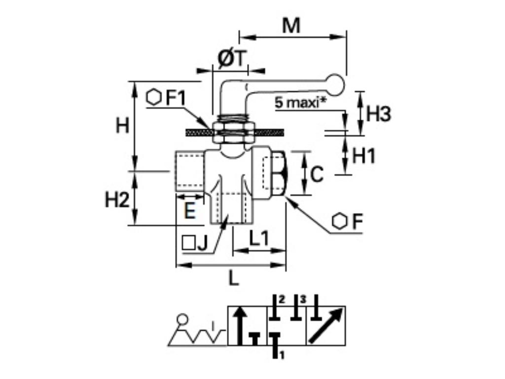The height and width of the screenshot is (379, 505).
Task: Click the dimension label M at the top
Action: click(291, 25)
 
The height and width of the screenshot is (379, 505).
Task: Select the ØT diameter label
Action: click(231, 59)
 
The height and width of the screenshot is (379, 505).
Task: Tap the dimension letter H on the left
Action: click(122, 126)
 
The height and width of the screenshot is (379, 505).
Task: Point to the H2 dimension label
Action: click(117, 200)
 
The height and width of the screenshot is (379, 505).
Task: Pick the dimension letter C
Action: click(318, 174)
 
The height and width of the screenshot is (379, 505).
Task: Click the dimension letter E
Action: click(190, 211)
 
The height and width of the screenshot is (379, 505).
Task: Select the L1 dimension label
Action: click(258, 239)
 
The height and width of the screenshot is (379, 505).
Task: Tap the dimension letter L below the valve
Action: click(233, 279)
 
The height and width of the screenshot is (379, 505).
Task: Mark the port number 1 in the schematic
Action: click(282, 354)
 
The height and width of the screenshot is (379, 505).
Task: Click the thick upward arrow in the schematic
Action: click(240, 326)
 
